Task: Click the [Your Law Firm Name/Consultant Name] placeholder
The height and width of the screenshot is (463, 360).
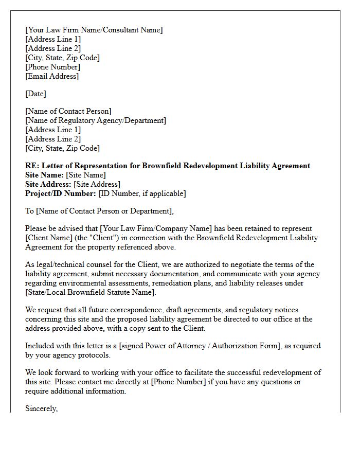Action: point(94,30)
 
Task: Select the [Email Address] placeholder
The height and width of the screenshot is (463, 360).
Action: point(52,76)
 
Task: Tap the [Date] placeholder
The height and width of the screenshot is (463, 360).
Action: point(35,94)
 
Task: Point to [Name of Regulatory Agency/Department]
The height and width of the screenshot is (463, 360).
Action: point(96,120)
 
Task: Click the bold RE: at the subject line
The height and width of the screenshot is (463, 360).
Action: point(32,166)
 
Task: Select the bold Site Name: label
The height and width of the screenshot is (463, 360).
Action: point(45,175)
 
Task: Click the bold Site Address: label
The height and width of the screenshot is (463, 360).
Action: point(48,184)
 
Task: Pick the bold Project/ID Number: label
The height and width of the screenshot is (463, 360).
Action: point(61,193)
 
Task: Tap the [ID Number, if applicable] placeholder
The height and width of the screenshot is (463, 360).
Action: point(142,193)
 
